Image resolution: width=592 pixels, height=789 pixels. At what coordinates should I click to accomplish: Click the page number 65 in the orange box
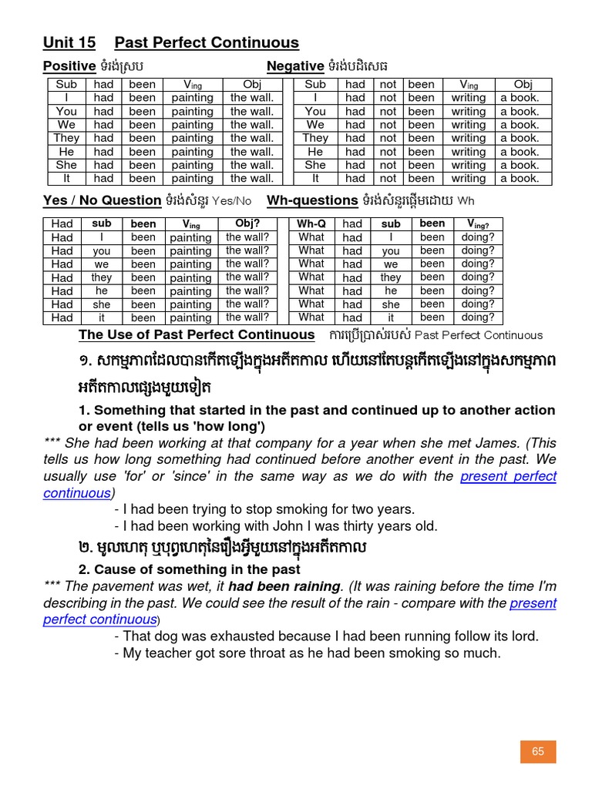pyautogui.click(x=537, y=751)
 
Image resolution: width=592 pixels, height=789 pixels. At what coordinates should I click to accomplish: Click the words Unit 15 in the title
pyautogui.click(x=69, y=42)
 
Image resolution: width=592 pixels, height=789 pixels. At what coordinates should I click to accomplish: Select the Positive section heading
pyautogui.click(x=69, y=66)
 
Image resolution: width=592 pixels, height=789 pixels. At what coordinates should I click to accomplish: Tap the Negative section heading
pyautogui.click(x=295, y=66)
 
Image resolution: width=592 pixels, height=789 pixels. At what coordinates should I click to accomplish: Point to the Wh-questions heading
pyautogui.click(x=312, y=200)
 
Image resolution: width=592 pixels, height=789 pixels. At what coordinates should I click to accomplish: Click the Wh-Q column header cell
pyautogui.click(x=311, y=223)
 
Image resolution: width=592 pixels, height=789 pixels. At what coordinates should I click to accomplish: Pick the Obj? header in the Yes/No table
pyautogui.click(x=247, y=223)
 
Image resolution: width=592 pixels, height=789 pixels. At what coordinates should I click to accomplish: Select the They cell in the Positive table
pyautogui.click(x=66, y=138)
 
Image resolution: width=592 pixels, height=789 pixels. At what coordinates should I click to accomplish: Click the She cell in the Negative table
pyautogui.click(x=315, y=165)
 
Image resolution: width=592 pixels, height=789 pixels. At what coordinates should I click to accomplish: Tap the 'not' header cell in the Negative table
pyautogui.click(x=388, y=84)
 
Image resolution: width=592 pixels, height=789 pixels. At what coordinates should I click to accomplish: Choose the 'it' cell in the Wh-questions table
pyautogui.click(x=391, y=317)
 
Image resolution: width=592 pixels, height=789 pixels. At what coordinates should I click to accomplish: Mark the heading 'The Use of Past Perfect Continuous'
pyautogui.click(x=197, y=334)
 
